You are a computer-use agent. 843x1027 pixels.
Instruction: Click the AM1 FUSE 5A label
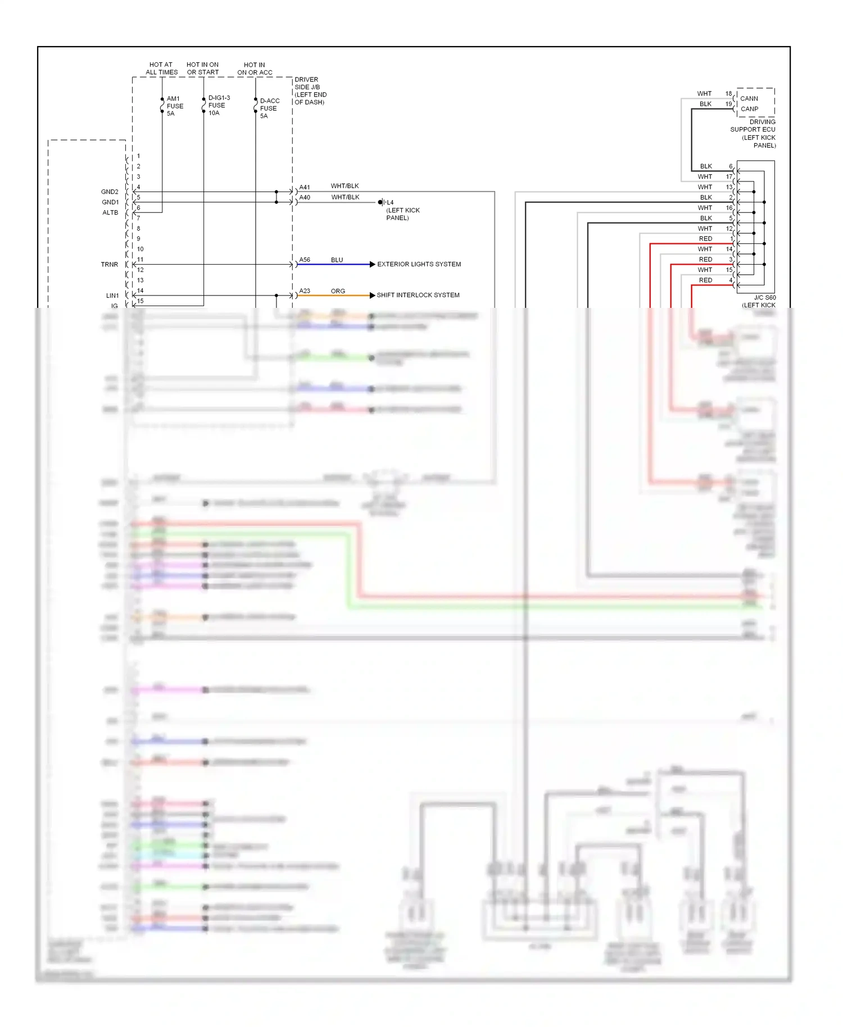(174, 106)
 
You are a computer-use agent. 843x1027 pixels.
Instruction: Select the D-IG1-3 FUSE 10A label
(218, 105)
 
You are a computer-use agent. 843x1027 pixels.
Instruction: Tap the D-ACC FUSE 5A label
(269, 108)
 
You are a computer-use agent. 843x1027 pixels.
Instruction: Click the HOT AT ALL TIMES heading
(161, 69)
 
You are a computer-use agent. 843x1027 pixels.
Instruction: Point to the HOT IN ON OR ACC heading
(255, 69)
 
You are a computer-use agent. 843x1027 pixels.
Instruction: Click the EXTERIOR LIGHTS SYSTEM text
(419, 264)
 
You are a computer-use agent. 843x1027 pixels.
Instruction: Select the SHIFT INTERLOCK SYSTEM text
(418, 295)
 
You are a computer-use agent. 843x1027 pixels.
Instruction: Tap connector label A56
(305, 260)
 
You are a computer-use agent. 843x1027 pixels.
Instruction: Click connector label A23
(305, 290)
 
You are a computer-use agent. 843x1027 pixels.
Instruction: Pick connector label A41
(305, 187)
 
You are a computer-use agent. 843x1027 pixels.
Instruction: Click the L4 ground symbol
(382, 202)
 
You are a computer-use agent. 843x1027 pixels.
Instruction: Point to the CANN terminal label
(749, 98)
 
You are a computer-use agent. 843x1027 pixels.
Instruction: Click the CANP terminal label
(749, 109)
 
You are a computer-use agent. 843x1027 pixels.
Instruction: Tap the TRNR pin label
(110, 265)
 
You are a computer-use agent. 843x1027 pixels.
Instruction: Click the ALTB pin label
(110, 212)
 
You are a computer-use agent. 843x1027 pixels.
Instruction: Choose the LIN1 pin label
(112, 296)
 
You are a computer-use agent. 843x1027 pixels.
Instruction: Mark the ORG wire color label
(338, 291)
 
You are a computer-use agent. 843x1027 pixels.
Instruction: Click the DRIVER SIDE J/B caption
(310, 90)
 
